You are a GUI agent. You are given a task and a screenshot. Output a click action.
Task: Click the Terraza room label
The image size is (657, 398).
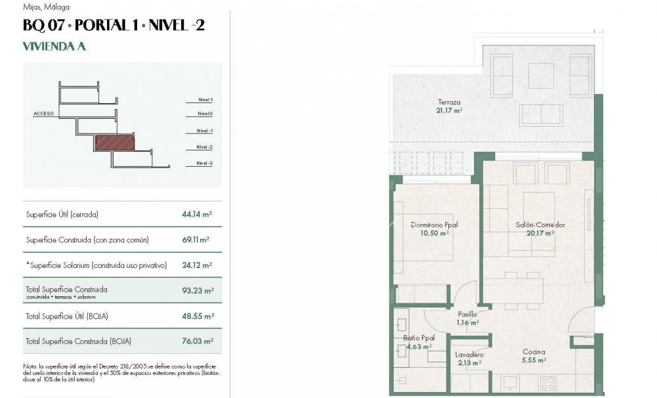tap(450, 102)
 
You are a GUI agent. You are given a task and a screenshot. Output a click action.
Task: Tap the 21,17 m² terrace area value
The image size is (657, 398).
tap(450, 111)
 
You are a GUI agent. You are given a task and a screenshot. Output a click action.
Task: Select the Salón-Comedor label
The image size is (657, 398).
tap(540, 225)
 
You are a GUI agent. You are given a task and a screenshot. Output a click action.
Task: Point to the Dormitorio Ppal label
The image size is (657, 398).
tap(434, 225)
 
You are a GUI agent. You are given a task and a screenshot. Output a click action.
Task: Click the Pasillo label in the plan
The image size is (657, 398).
tap(467, 315)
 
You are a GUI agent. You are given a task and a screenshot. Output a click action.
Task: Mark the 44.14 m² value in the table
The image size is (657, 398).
tap(196, 214)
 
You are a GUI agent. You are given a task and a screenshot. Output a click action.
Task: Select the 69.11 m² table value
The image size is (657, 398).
tap(196, 240)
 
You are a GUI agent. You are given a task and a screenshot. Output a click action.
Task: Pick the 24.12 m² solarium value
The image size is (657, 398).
tap(196, 265)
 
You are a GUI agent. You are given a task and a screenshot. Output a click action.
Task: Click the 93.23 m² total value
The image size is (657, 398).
tap(196, 290)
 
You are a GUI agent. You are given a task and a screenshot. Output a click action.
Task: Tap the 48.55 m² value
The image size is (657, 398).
tap(196, 316)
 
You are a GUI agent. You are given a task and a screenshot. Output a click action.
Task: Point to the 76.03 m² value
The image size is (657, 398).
tap(196, 341)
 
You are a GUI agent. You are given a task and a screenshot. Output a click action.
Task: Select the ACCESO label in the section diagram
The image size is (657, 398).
tap(43, 114)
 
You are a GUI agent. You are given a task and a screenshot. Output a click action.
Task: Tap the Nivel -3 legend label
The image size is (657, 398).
tap(204, 163)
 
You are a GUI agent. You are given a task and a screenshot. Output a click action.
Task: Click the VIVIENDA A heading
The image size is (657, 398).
tap(54, 46)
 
